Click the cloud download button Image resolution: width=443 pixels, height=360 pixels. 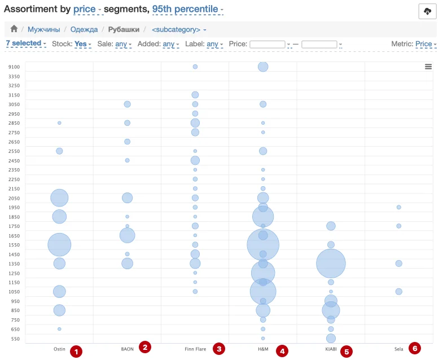pyautogui.click(x=427, y=12)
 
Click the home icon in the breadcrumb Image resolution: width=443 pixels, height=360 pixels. pyautogui.click(x=14, y=29)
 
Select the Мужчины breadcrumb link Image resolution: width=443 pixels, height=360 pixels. pyautogui.click(x=45, y=29)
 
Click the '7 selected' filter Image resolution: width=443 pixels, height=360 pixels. pyautogui.click(x=25, y=43)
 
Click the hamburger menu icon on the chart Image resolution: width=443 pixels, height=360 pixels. pyautogui.click(x=428, y=67)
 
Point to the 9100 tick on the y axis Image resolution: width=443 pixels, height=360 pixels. pyautogui.click(x=14, y=67)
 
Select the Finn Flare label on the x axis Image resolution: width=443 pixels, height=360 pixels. pyautogui.click(x=195, y=349)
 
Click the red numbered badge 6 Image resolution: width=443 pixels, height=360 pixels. pyautogui.click(x=415, y=349)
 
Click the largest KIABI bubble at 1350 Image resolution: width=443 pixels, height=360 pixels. pyautogui.click(x=331, y=264)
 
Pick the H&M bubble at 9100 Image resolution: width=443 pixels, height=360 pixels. pyautogui.click(x=263, y=67)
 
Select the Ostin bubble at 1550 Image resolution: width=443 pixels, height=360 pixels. pyautogui.click(x=59, y=245)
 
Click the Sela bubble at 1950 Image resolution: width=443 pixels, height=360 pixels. pyautogui.click(x=398, y=207)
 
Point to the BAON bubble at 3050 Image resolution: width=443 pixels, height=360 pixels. pyautogui.click(x=127, y=104)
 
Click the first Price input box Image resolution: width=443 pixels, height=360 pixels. pyautogui.click(x=267, y=44)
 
